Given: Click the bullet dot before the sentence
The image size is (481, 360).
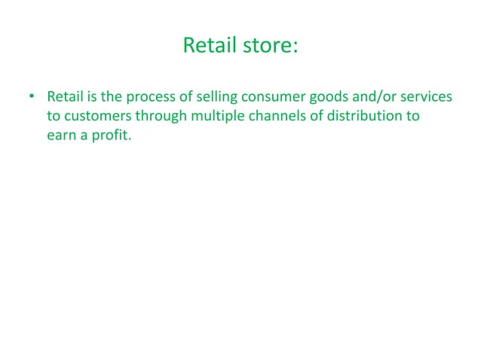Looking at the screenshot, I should pyautogui.click(x=32, y=98).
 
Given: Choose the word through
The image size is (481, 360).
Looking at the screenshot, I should pyautogui.click(x=156, y=117).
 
